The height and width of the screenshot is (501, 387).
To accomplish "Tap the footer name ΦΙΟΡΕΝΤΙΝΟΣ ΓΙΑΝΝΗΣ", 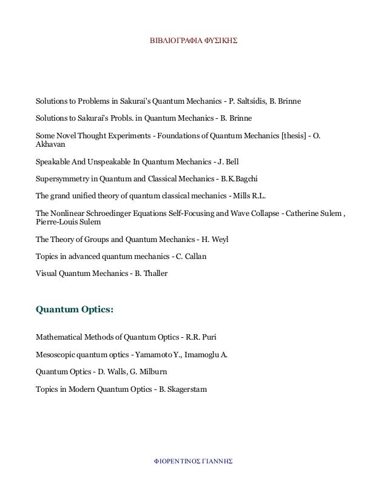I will (x=193, y=460).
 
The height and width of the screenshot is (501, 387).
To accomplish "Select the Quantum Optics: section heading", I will (x=75, y=309).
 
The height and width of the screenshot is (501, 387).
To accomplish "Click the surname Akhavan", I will (x=52, y=146).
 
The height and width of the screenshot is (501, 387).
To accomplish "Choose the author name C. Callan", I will (x=191, y=257).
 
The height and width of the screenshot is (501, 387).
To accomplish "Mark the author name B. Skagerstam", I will (x=182, y=389).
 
